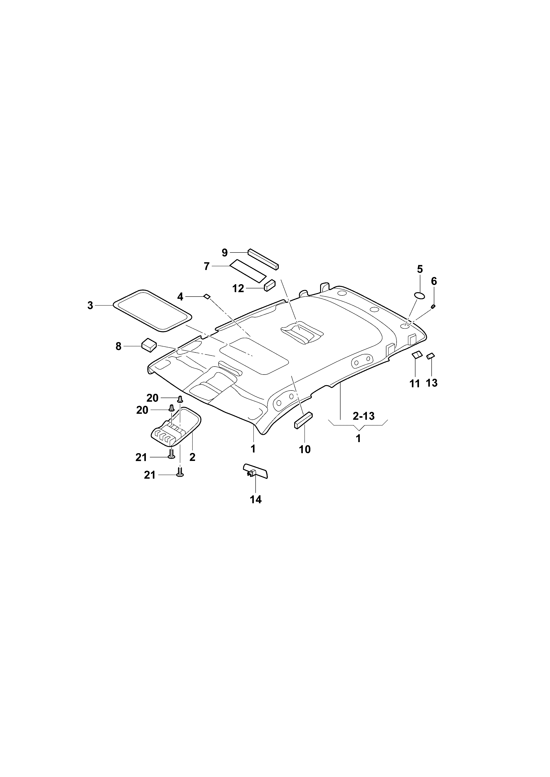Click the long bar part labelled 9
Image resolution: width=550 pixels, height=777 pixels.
click(263, 259)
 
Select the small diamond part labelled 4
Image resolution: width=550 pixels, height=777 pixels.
click(207, 296)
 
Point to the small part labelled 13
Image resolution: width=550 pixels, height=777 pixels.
click(431, 356)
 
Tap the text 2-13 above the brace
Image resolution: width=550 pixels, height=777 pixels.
click(363, 416)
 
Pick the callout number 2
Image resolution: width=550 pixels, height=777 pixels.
click(192, 458)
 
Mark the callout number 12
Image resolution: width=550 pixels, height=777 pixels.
click(238, 289)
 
